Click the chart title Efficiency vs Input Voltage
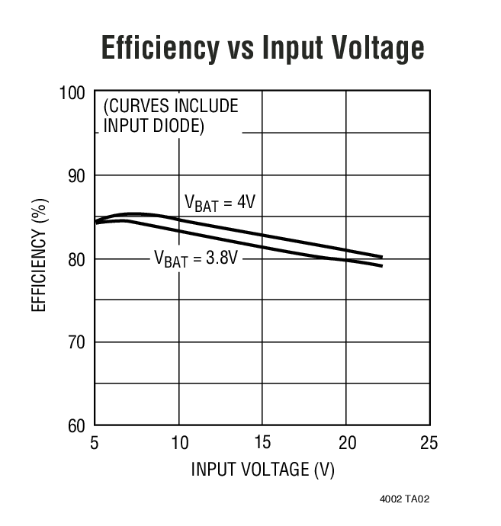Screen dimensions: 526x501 tap(262, 48)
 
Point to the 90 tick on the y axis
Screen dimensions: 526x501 tap(75, 176)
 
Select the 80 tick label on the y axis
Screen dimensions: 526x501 tap(75, 259)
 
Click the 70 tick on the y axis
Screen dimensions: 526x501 tap(75, 342)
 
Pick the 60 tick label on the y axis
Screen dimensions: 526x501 tap(75, 425)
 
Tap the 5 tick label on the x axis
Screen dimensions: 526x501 tap(95, 443)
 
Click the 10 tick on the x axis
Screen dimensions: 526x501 tap(178, 443)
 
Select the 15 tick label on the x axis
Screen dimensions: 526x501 tap(262, 443)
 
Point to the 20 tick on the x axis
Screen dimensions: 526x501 tap(346, 443)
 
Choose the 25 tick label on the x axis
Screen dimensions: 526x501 tap(429, 443)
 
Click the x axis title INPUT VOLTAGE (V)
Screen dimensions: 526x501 tap(262, 469)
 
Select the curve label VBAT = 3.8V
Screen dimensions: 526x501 tap(198, 259)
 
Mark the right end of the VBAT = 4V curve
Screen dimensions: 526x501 tap(381, 257)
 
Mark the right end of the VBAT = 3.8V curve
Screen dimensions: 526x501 tap(381, 265)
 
